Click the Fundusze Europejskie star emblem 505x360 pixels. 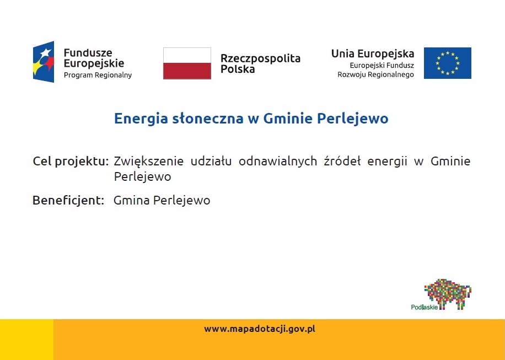(44, 62)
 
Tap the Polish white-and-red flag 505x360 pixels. (187, 63)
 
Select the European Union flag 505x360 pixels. (447, 63)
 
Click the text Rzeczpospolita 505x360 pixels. (260, 58)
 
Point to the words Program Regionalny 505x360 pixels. (98, 76)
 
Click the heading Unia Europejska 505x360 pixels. (373, 54)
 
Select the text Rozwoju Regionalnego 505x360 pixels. (375, 75)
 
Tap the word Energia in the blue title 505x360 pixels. (141, 119)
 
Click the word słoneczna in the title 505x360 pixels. (208, 119)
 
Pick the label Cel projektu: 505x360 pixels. (71, 162)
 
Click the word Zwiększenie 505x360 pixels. (148, 161)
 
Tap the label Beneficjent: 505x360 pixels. (68, 200)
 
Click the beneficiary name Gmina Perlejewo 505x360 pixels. (162, 200)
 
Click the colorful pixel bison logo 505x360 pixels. (448, 294)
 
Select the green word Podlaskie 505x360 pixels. (424, 307)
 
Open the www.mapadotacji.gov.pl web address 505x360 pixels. (260, 329)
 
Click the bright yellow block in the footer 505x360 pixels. (26, 340)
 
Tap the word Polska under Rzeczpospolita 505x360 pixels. (238, 69)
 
